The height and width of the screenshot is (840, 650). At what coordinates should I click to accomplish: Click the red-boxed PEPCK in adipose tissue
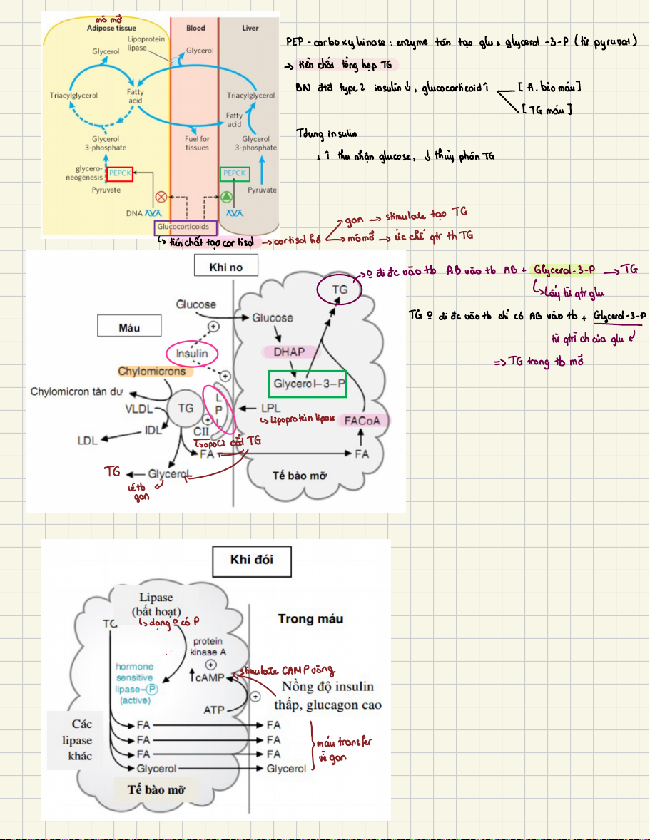[x=120, y=173]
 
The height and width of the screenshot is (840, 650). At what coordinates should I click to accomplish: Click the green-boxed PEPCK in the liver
[x=234, y=173]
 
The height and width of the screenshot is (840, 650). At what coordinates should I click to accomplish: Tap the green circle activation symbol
[x=227, y=195]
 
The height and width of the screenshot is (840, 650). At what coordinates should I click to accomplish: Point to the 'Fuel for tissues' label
[x=197, y=143]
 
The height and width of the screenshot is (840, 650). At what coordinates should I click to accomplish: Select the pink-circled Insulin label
[x=192, y=353]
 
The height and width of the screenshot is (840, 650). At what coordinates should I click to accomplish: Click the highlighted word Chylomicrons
[x=152, y=371]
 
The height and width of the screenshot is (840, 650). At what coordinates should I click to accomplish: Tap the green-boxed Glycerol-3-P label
[x=307, y=384]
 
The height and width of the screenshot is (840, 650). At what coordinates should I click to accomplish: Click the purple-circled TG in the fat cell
[x=340, y=290]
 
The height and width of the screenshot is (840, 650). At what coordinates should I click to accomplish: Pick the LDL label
[x=87, y=440]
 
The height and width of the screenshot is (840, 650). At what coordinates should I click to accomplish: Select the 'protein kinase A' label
[x=208, y=646]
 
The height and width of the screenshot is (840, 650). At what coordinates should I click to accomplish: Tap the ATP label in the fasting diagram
[x=214, y=710]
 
